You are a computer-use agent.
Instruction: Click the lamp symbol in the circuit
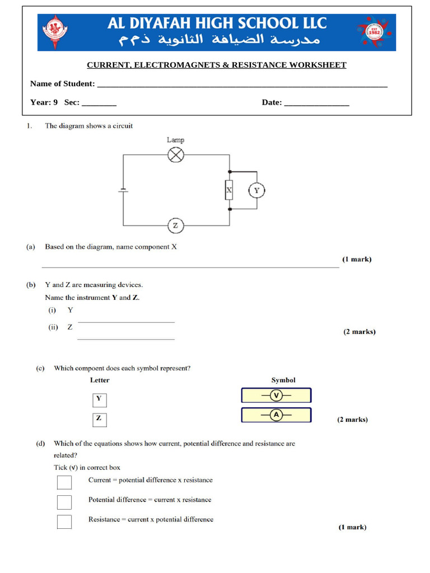(176, 155)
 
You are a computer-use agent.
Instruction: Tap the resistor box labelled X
(228, 190)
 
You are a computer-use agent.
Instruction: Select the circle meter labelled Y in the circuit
(256, 190)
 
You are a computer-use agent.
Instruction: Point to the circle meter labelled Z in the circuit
(176, 226)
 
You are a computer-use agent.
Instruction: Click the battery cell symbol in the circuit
(123, 190)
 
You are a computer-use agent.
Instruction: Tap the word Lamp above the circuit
(175, 140)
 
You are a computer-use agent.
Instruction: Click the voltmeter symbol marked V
(276, 396)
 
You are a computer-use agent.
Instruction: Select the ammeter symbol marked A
(276, 415)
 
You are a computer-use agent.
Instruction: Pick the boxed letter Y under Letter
(99, 400)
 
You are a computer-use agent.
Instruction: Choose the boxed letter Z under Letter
(99, 419)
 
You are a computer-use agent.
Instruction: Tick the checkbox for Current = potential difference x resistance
(64, 482)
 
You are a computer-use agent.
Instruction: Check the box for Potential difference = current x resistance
(64, 502)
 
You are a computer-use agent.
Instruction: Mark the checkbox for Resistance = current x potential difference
(64, 522)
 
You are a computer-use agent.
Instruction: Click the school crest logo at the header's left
(54, 32)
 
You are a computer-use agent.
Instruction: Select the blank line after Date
(316, 104)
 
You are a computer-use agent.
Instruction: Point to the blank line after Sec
(99, 104)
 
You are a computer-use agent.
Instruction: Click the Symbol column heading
(283, 380)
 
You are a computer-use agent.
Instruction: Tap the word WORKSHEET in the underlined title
(317, 65)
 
